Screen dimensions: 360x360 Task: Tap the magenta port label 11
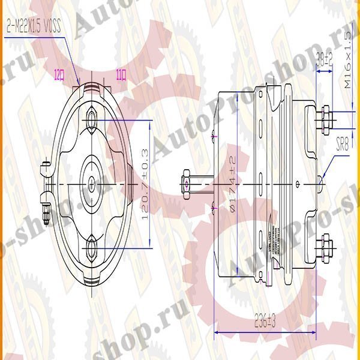tap(121, 75)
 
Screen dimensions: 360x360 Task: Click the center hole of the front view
tap(91, 181)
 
